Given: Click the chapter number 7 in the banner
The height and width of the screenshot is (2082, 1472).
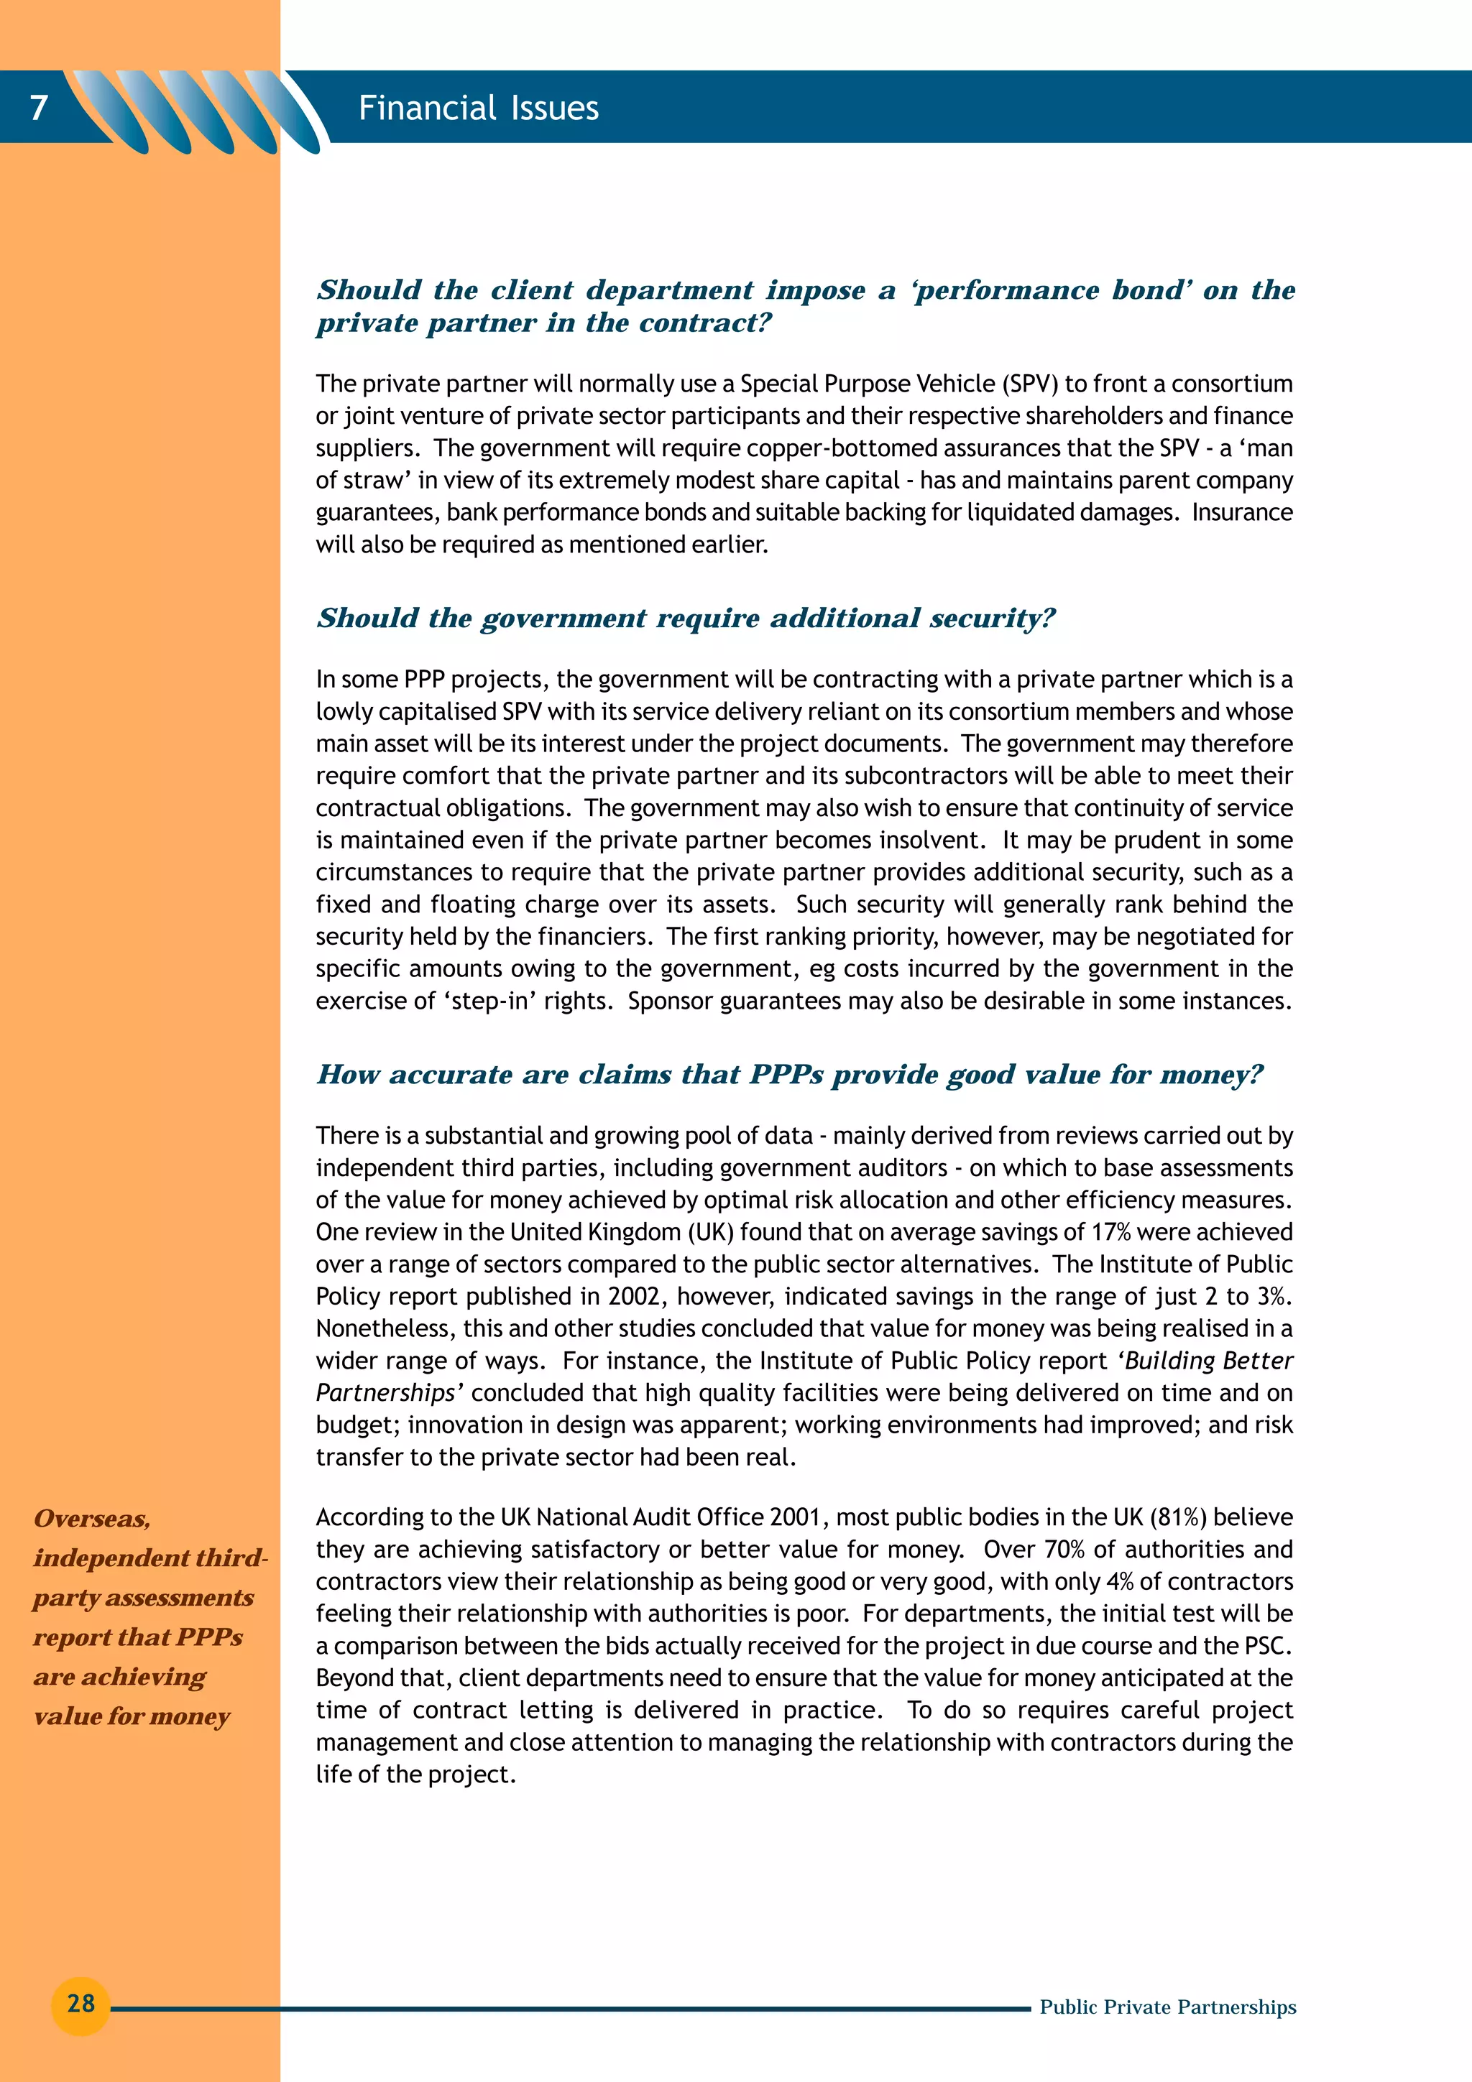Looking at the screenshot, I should coord(38,108).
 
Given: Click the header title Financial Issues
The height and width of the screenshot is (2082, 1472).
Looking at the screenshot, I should coord(478,108).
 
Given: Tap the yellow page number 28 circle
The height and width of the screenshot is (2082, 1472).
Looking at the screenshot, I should coord(80,2003).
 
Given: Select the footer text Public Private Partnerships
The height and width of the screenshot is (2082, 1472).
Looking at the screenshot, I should coord(1167,2007).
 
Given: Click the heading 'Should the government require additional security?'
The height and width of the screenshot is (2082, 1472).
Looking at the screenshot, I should coord(686,619).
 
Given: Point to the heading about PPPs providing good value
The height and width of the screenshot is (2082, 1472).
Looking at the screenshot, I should coord(789,1075).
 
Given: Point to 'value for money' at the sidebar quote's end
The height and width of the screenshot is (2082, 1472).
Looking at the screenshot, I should coord(132,1716).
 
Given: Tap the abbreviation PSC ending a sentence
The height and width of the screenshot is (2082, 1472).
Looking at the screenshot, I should coord(1266,1646).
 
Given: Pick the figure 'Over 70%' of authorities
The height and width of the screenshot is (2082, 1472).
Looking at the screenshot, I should coord(1034,1550).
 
